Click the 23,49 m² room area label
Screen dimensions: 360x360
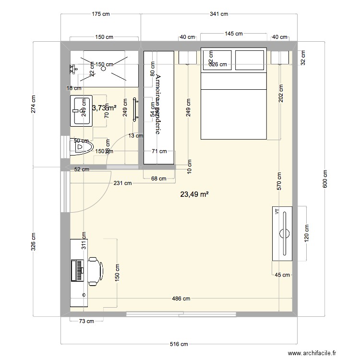tap(194, 194)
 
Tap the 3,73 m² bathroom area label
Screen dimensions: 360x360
tap(104, 108)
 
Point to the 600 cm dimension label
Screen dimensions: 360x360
tap(325, 180)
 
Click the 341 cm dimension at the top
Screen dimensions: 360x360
tap(218, 14)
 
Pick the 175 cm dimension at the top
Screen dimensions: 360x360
tap(101, 14)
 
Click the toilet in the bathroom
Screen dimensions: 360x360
tap(82, 147)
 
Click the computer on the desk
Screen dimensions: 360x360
tap(77, 270)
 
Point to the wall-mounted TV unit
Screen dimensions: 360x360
tap(282, 233)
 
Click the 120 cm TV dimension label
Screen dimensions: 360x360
tap(307, 233)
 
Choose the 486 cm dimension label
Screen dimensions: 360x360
tap(181, 299)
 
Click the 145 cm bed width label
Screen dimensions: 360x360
tap(233, 34)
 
